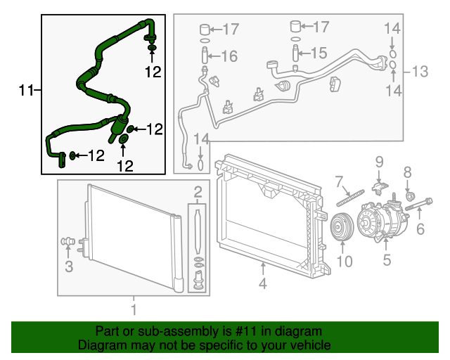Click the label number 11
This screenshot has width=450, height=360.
(25, 89)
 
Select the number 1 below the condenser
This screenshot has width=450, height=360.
(134, 308)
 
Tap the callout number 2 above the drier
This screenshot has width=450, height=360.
(198, 191)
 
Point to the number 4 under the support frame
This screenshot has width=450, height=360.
(262, 285)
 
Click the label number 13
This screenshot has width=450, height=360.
(420, 71)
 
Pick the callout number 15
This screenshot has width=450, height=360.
(319, 53)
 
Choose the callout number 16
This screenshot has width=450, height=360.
(229, 56)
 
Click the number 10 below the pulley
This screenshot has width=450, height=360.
(344, 262)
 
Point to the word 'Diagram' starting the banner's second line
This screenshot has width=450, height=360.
(99, 345)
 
